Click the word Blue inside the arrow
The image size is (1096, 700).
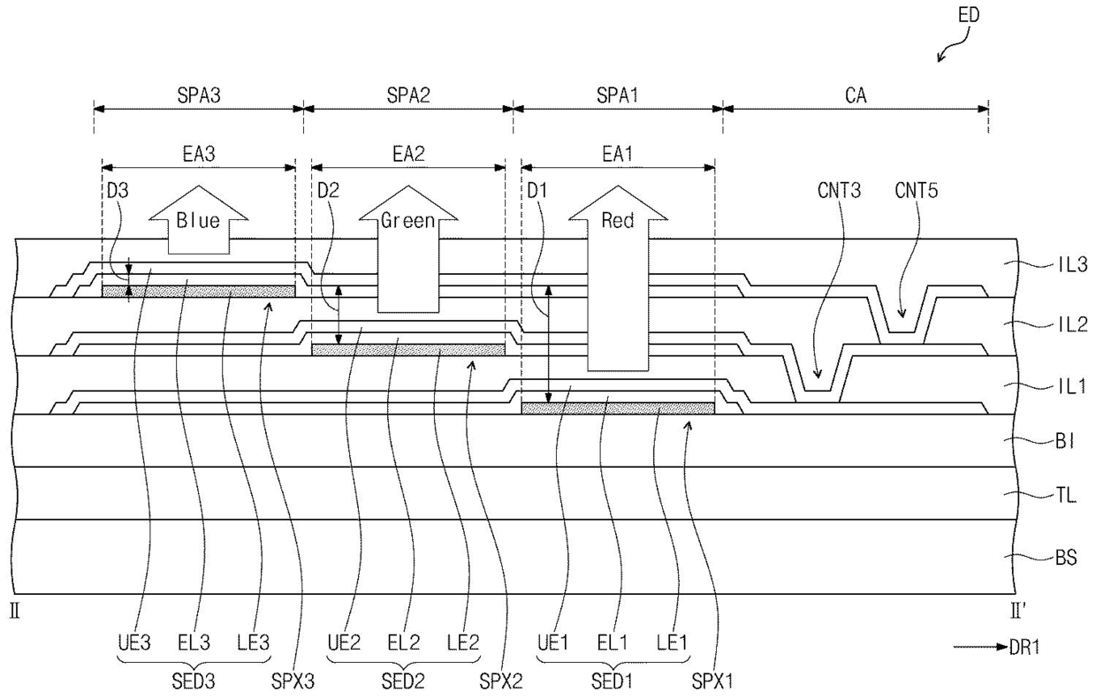pos(198,220)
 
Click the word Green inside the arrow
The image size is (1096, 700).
pos(408,221)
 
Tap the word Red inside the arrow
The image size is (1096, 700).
pos(618,221)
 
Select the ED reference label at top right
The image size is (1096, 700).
pos(969,15)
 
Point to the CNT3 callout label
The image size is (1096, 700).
pos(839,190)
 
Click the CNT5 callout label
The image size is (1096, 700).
pos(916,190)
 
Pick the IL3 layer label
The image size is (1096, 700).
pos(1072,264)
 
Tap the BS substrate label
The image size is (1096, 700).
pos(1066,557)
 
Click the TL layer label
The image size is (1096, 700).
pos(1066,496)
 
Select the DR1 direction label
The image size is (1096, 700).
pos(1024,647)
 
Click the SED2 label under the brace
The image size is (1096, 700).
pos(403,681)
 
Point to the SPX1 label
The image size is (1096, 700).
pos(712,681)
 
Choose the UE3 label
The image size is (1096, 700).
pos(134,643)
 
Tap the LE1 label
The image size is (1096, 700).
pos(672,643)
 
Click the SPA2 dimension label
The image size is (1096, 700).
pos(408,95)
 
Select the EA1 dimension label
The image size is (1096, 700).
pos(618,155)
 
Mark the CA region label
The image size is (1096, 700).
pos(856,95)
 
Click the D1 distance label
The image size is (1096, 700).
pos(537,190)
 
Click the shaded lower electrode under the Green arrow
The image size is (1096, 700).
pos(408,350)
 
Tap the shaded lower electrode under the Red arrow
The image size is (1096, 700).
pos(618,408)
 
